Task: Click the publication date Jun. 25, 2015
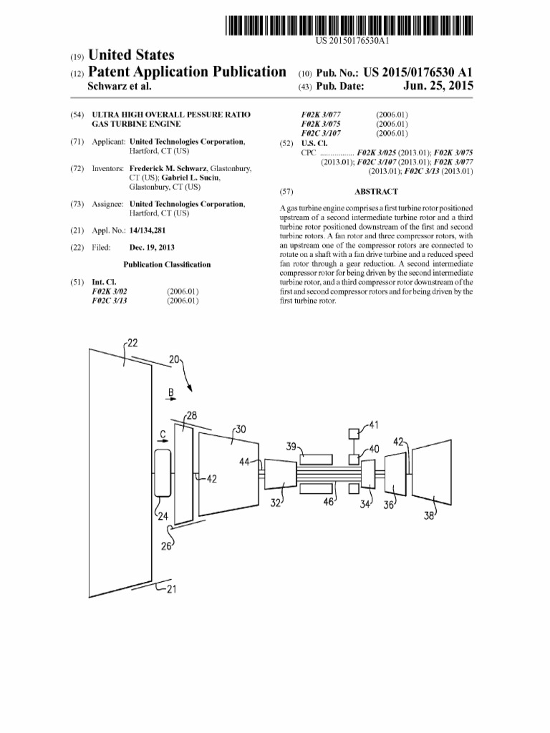[x=439, y=87]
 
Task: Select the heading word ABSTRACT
[x=376, y=192]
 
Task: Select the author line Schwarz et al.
[x=119, y=87]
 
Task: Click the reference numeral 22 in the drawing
[x=132, y=341]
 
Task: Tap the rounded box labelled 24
[x=162, y=474]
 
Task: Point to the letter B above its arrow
[x=170, y=392]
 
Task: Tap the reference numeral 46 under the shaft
[x=329, y=503]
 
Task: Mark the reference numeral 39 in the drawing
[x=292, y=446]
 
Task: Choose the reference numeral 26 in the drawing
[x=169, y=548]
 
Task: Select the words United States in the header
[x=130, y=55]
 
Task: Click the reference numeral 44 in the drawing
[x=246, y=462]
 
